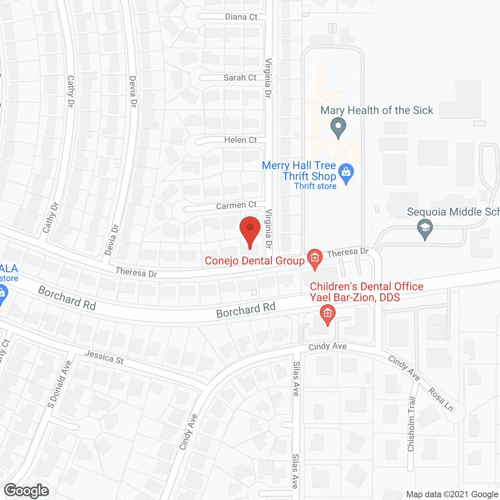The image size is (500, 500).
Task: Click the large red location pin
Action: coord(250,230)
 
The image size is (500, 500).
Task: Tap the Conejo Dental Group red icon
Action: coord(314,258)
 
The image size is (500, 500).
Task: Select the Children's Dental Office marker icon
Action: coord(327,314)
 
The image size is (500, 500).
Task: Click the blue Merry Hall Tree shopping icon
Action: coord(346,173)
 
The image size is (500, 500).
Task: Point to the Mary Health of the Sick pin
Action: coord(338,127)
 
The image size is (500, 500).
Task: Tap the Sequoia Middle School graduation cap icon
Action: coord(425,228)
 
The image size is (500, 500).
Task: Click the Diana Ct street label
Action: coord(241,17)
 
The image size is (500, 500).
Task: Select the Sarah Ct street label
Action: coord(240,78)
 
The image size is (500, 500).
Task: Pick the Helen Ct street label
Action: coord(240,140)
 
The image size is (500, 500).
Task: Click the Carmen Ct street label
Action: coord(236,205)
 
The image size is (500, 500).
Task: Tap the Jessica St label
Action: coord(104,357)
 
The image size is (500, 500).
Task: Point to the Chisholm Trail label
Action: coord(411,424)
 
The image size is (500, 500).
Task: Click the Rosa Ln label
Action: coord(441,399)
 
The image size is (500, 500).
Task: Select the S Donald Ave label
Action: coord(60,384)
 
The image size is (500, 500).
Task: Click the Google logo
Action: coord(27,491)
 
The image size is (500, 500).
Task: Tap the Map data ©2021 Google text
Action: coord(452,495)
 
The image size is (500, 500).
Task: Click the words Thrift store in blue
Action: coord(315,186)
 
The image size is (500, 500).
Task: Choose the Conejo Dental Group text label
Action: coord(254,261)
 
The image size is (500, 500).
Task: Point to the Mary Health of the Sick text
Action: coord(377,111)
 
